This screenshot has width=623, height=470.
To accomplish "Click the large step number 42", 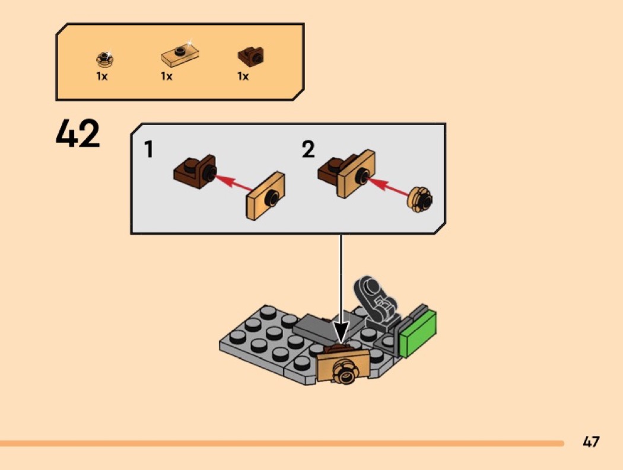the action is tap(78, 133).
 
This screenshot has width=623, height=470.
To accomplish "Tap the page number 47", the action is tap(591, 442).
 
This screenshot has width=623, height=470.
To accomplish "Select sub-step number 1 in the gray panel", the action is tap(148, 149).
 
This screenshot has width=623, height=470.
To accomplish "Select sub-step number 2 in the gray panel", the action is tap(309, 149).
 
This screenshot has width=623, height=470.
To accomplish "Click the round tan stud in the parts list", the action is tap(105, 59).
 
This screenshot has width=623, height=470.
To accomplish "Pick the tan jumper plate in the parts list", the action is tap(180, 54).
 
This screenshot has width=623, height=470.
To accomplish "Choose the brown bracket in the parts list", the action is tap(251, 57).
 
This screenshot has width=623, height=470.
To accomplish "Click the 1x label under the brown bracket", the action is tap(243, 76).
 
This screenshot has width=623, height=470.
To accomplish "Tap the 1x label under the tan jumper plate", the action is tap(167, 76).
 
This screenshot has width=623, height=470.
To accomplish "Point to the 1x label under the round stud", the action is tap(102, 76).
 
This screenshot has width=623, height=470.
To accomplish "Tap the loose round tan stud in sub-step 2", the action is tap(420, 199).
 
